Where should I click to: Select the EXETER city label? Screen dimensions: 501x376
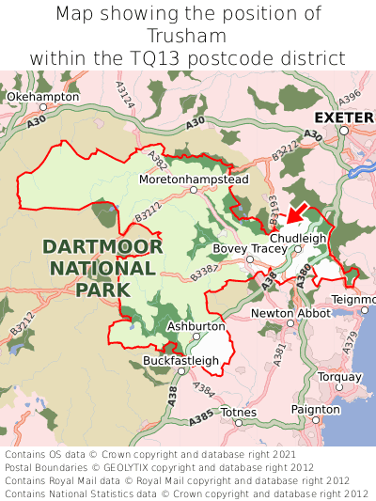click(x=344, y=117)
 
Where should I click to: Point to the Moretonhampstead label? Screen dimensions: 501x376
click(x=194, y=179)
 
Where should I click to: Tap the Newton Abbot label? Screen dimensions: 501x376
click(x=291, y=313)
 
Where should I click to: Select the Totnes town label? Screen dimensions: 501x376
click(x=237, y=412)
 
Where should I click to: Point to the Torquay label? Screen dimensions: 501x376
click(x=340, y=376)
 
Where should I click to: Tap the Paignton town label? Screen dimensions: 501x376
click(x=317, y=410)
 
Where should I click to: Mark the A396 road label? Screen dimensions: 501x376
click(x=350, y=97)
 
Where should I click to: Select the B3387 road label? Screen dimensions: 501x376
click(x=204, y=273)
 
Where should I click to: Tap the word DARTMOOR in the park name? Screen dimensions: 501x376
click(x=102, y=247)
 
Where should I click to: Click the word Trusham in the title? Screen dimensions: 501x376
click(x=188, y=36)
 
